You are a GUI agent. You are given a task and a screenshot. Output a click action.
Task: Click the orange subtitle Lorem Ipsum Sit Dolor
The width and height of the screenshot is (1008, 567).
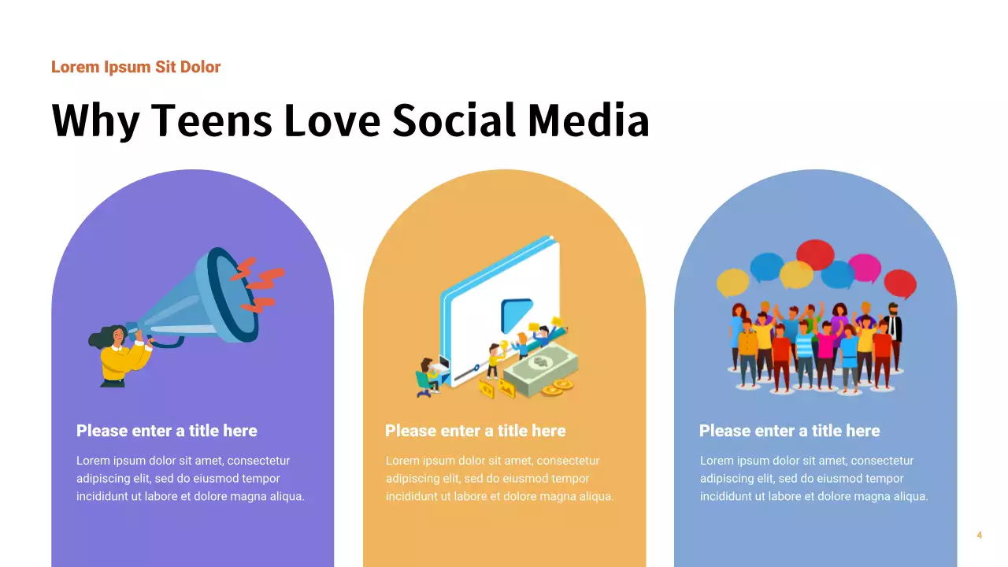pyautogui.click(x=135, y=67)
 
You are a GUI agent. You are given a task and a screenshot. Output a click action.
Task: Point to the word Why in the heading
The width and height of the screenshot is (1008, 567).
pyautogui.click(x=94, y=121)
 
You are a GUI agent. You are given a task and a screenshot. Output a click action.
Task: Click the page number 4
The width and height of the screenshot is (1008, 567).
pyautogui.click(x=979, y=535)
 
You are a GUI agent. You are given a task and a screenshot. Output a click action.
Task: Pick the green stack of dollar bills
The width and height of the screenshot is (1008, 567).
pyautogui.click(x=542, y=367)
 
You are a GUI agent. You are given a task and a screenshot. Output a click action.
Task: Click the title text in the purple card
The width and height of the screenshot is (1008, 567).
pyautogui.click(x=167, y=431)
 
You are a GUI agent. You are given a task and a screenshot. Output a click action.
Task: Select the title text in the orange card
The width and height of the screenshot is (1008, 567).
pyautogui.click(x=476, y=431)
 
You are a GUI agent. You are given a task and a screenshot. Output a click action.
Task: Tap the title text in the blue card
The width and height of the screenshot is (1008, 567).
pyautogui.click(x=790, y=431)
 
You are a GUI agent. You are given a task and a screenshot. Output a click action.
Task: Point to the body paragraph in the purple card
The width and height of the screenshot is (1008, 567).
pyautogui.click(x=190, y=479)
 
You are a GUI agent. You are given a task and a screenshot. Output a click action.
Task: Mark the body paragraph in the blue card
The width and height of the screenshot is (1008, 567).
pyautogui.click(x=813, y=479)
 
